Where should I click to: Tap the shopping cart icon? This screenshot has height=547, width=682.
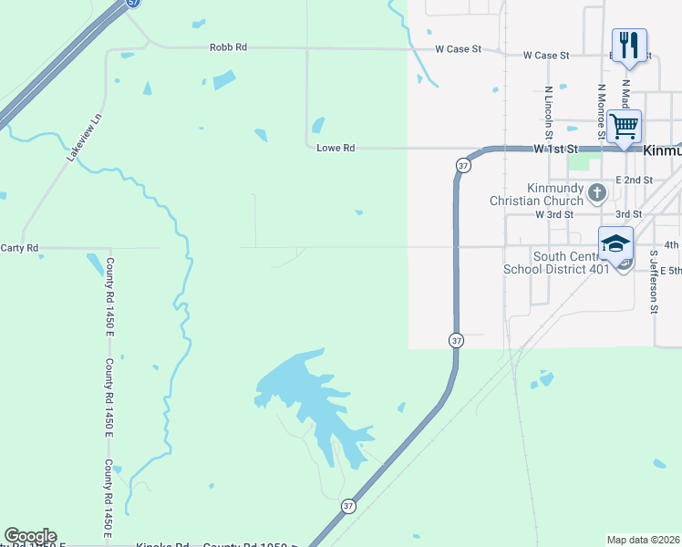624,126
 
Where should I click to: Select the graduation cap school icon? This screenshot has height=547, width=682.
615,245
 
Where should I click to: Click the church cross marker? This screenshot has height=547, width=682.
597,192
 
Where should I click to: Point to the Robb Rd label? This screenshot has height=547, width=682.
228,47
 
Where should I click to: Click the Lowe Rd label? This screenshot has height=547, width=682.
335,147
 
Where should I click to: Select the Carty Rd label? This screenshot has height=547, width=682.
19,247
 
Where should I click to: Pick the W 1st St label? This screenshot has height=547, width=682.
556,148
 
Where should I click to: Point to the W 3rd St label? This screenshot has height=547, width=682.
554,214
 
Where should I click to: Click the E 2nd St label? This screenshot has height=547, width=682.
634,181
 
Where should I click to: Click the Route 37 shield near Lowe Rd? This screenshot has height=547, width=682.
463,165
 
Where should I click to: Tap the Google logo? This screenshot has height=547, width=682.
30,536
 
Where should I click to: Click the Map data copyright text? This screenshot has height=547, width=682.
643,540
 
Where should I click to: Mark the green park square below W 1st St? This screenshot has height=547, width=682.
579,163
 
